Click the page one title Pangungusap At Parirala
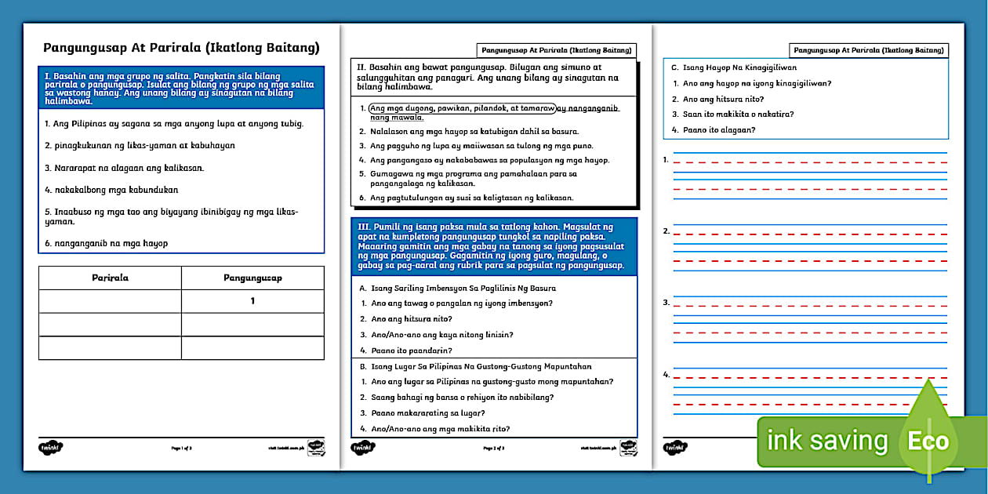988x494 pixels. (180, 48)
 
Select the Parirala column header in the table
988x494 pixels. (110, 278)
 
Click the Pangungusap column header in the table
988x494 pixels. (252, 278)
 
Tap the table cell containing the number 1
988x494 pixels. (252, 301)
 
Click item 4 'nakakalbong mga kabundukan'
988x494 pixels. (111, 189)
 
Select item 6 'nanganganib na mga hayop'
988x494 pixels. (106, 243)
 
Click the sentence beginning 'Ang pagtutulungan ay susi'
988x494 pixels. (471, 198)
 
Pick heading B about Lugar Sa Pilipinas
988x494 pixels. (475, 366)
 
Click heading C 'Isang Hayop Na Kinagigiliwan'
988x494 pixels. (728, 68)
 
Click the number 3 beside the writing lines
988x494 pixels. (666, 302)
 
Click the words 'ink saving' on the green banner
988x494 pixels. (827, 441)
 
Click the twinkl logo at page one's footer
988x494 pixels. (50, 448)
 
